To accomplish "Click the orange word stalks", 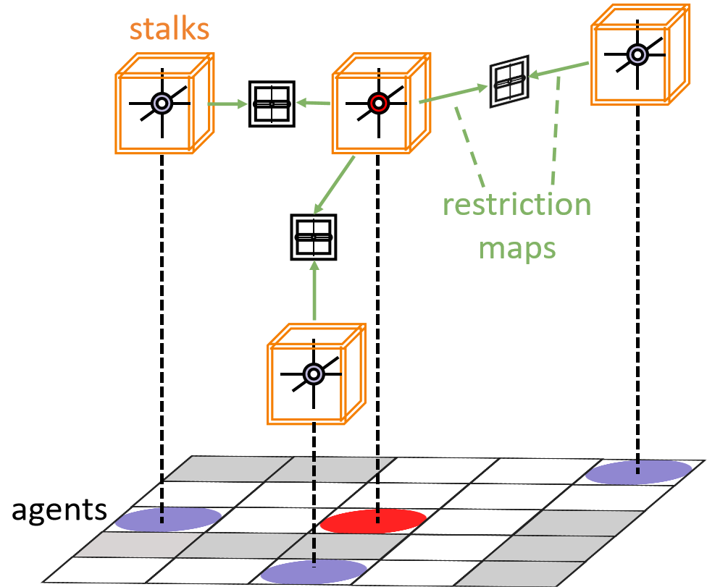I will pos(170,30).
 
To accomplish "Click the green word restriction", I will pos(516,205).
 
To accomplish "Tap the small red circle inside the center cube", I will pos(378,104).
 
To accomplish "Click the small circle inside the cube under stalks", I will pos(162,104).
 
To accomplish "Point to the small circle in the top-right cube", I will pos(637,54).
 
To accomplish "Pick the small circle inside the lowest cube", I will pos(313,373).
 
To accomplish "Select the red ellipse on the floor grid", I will pos(373,520).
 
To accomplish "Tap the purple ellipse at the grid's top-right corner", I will pos(638,473).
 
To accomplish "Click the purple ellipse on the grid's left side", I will pos(168,518).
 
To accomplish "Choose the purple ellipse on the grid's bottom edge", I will pos(314,572).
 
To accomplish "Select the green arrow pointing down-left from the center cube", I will pos(335,185).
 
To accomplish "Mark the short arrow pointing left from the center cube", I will pos(313,104).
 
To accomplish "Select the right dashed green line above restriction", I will pos(555,130).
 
